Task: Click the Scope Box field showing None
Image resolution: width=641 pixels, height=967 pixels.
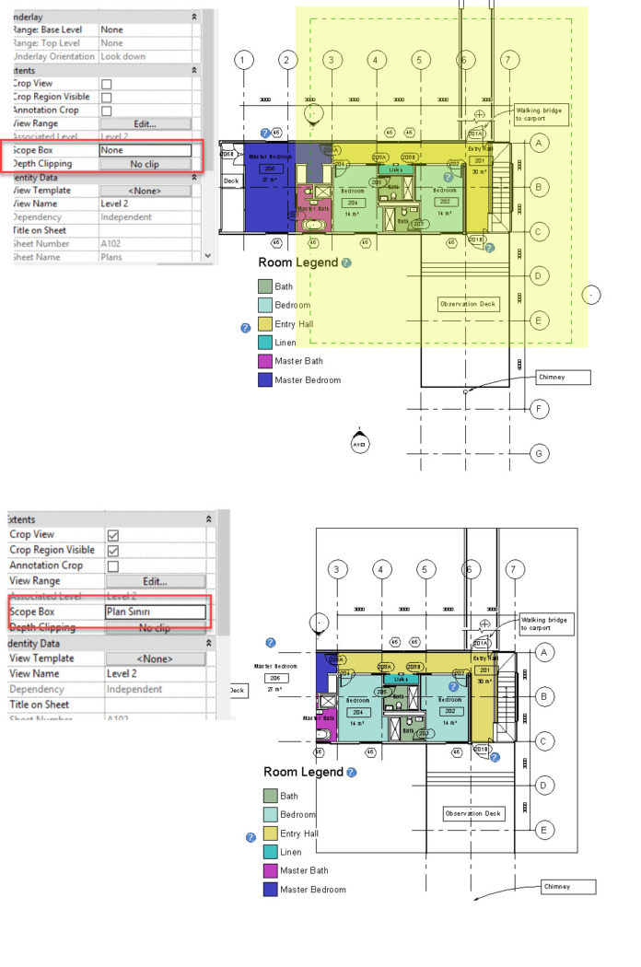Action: [x=145, y=150]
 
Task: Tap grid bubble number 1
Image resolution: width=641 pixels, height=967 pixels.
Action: [x=243, y=61]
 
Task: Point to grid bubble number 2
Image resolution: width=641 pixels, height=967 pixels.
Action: [x=287, y=61]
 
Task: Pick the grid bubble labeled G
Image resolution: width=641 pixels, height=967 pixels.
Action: [x=541, y=454]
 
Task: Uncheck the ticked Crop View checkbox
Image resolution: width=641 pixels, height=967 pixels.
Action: [x=113, y=535]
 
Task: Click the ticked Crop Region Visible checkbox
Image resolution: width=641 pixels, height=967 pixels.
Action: [x=113, y=551]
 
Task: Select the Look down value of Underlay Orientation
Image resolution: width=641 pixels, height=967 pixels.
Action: [x=145, y=56]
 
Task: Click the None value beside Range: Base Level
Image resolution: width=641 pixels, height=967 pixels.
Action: [x=145, y=29]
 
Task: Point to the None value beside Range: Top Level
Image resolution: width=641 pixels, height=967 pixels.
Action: [x=145, y=43]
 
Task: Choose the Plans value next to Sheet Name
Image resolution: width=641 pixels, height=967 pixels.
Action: [x=145, y=257]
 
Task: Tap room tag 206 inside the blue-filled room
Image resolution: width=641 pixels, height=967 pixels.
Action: [x=271, y=169]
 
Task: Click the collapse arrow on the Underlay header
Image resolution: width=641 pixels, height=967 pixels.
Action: [x=194, y=17]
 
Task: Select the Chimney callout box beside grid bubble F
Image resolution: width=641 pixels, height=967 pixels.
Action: [x=563, y=378]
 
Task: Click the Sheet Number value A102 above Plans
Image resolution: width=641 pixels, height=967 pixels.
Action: [x=145, y=244]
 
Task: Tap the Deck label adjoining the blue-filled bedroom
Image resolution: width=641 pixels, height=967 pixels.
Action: [x=231, y=181]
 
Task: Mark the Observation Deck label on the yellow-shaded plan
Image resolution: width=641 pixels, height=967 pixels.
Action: [x=468, y=304]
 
